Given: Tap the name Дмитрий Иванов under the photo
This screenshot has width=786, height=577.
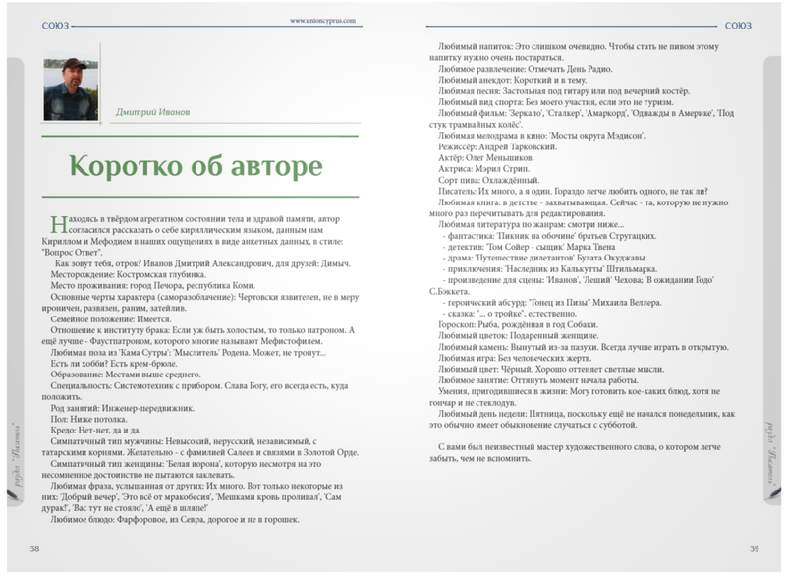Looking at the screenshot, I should [153, 112].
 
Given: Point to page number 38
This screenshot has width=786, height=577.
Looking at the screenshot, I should [34, 548].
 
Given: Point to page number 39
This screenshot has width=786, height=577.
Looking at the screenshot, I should [753, 548].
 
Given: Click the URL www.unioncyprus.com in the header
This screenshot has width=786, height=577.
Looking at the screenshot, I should [322, 19].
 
